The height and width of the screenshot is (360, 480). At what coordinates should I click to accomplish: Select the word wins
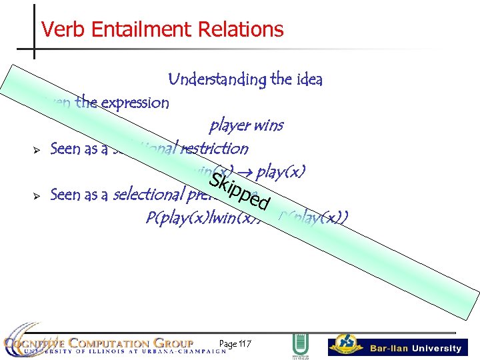[x=269, y=125]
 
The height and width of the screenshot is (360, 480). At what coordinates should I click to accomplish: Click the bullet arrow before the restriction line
[x=37, y=149]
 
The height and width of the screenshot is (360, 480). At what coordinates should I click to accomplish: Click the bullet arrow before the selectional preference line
[x=37, y=195]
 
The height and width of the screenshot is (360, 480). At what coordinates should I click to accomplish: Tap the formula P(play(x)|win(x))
[x=187, y=218]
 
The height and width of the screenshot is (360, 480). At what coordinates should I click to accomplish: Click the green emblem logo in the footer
[x=299, y=346]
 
